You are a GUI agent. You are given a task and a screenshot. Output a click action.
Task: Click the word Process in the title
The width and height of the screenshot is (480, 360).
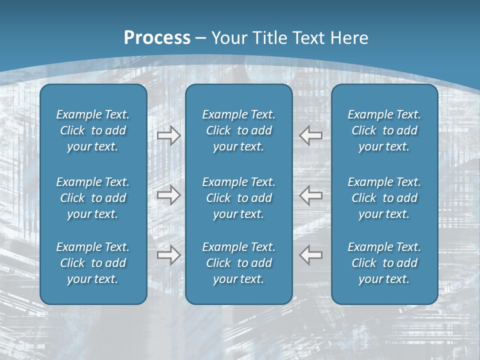[157, 38]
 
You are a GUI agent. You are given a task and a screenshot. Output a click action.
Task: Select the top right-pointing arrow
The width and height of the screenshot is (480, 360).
[168, 135]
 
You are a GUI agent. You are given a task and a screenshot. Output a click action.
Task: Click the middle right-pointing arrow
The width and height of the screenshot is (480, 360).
[168, 195]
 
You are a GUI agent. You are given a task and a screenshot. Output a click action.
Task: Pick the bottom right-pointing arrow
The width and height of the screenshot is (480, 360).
[168, 255]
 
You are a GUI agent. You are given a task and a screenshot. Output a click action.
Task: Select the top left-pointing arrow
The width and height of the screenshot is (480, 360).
[311, 135]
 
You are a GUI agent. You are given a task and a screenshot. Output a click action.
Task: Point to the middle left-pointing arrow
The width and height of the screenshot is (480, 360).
[311, 195]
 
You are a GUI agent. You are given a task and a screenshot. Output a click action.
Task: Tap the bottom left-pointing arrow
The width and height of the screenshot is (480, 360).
[311, 255]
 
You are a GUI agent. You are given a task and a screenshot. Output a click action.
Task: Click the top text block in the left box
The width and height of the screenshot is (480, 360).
[93, 130]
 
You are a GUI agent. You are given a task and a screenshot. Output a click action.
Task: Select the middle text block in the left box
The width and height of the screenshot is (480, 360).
[93, 198]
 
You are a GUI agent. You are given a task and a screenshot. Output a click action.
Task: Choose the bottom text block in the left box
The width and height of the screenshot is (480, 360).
[93, 263]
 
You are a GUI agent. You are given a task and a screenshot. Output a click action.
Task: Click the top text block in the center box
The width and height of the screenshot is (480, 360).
[238, 130]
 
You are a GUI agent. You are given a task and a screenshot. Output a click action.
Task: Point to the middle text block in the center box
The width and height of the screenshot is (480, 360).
[238, 198]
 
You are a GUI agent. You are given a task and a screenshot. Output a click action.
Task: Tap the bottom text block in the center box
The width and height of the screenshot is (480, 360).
[238, 263]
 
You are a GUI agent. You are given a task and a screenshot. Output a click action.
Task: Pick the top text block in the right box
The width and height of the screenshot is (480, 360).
[384, 130]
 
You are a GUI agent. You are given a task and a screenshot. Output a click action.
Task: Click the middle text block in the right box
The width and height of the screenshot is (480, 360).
[384, 198]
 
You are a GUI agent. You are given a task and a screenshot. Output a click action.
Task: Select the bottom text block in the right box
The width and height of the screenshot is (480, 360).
[384, 263]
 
